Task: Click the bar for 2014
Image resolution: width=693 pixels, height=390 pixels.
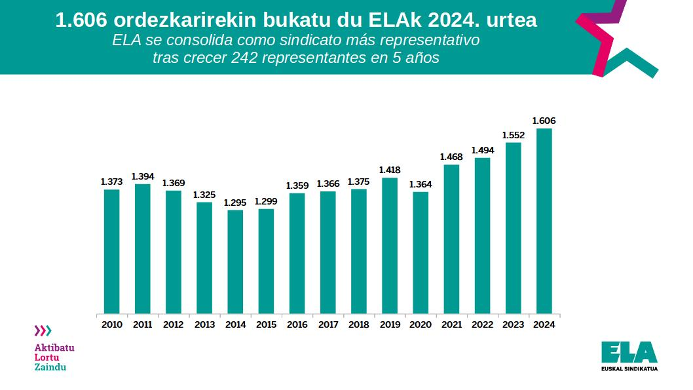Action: (x=235, y=261)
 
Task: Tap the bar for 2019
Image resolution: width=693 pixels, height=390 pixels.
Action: (x=390, y=245)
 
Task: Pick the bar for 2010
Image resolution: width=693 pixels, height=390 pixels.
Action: (x=112, y=251)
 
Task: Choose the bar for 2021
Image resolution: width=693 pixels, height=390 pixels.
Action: (x=451, y=239)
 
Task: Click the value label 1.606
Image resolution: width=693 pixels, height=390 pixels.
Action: (x=544, y=121)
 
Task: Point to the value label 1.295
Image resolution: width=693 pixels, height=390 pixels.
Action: (x=235, y=203)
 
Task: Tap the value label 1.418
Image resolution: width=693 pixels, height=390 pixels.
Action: (x=390, y=170)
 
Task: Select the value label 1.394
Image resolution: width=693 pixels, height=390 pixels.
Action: (x=143, y=176)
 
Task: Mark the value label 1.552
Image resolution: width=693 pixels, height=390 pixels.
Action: (x=513, y=135)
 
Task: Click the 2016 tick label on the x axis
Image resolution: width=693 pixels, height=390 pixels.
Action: (x=297, y=324)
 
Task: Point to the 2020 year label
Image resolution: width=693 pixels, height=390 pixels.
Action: (x=421, y=324)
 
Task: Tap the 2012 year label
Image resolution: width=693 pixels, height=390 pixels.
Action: (x=174, y=324)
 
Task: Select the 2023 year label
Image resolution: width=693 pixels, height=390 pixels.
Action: (x=513, y=324)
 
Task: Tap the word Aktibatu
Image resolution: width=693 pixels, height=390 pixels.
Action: (x=54, y=347)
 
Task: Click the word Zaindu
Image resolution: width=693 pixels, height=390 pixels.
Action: (x=50, y=367)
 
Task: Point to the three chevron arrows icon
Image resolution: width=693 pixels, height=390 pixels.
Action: (x=43, y=330)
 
